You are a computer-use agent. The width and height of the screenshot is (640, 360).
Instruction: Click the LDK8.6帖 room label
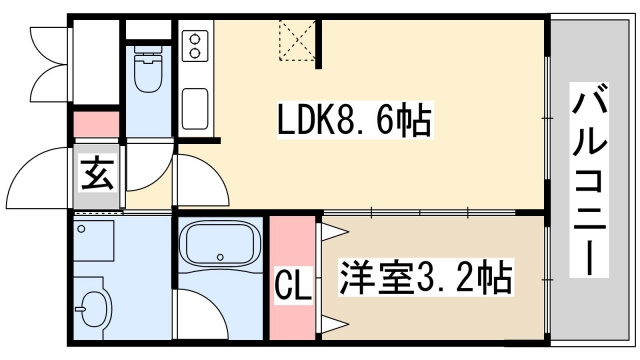point(353,123)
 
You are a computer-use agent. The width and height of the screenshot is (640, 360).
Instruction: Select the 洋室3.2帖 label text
point(426,275)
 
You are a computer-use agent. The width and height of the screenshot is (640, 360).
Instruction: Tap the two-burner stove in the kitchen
point(196,46)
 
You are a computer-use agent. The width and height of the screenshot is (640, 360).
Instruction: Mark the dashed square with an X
point(296,43)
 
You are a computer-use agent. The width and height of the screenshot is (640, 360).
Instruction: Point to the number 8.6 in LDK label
point(376,123)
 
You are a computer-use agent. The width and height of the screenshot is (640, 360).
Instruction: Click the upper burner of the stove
point(196,39)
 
